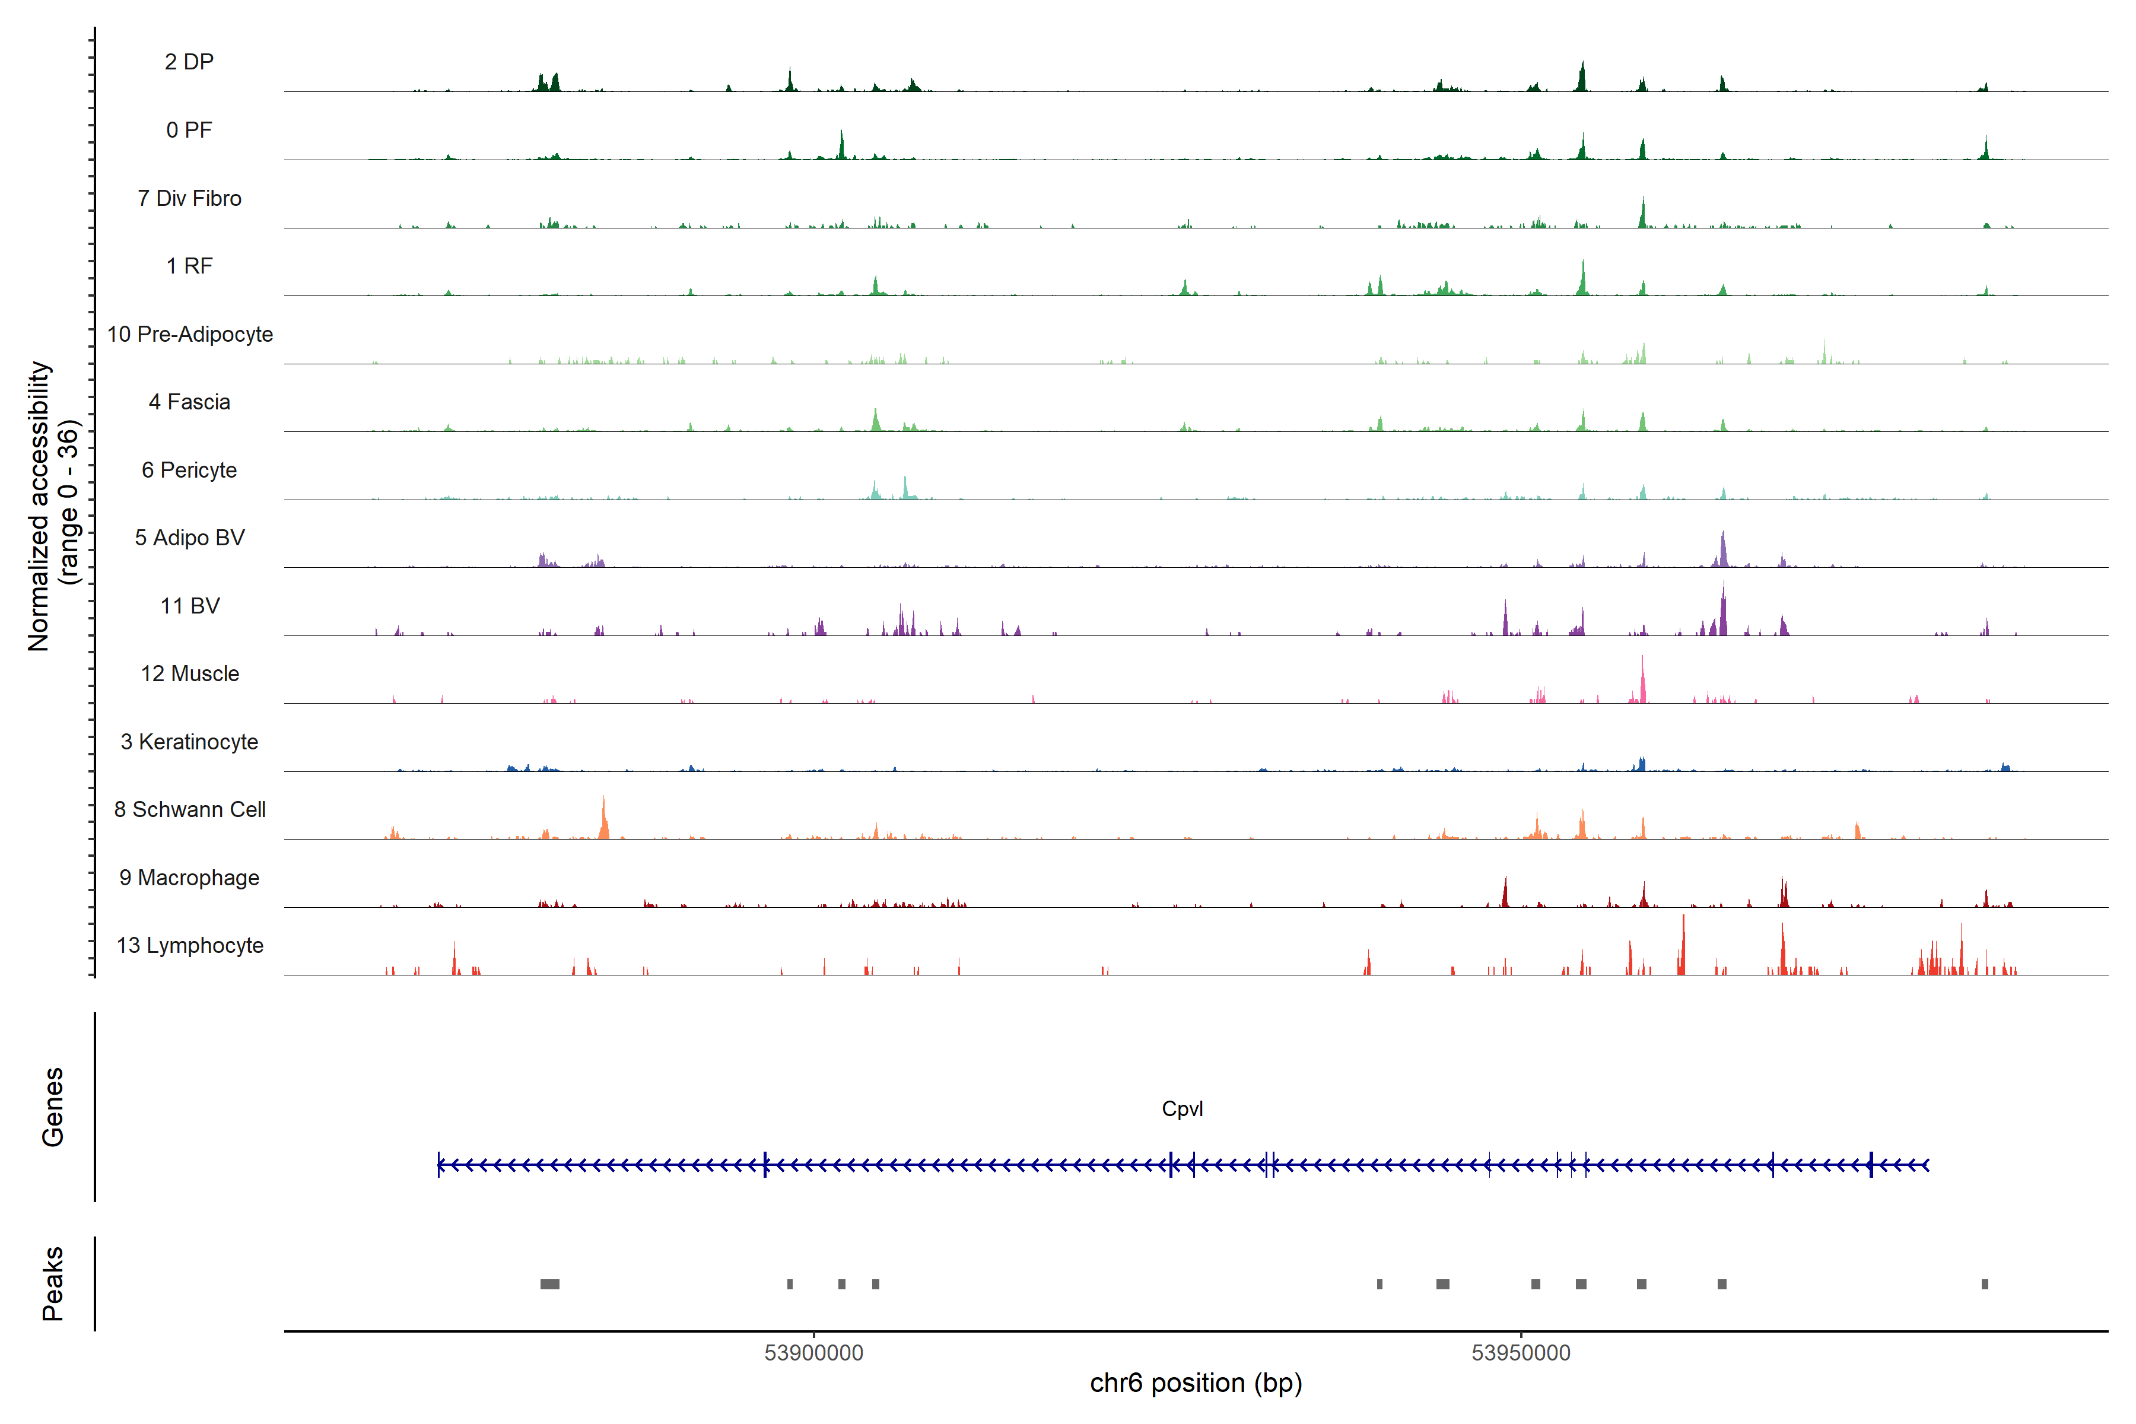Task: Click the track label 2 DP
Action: pyautogui.click(x=189, y=62)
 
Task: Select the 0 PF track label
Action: pyautogui.click(x=189, y=130)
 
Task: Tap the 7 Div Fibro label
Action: pyautogui.click(x=189, y=198)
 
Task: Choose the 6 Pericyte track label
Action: pyautogui.click(x=189, y=469)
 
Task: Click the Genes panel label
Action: pyautogui.click(x=53, y=1107)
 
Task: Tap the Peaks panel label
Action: pyautogui.click(x=53, y=1283)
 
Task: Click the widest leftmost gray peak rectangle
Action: pyautogui.click(x=549, y=1284)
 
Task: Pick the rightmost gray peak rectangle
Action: pyautogui.click(x=1984, y=1284)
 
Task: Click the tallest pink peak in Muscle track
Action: pyautogui.click(x=1642, y=676)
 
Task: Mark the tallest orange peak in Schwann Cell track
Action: pyautogui.click(x=604, y=818)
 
